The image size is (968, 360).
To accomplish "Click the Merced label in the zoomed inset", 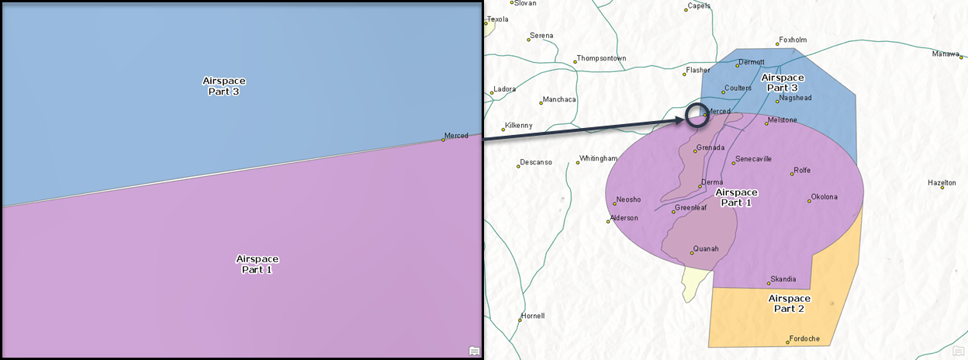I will pos(456,136).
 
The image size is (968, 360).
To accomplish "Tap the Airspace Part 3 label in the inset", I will pos(225,86).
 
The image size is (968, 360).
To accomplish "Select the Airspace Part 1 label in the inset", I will pos(258,265).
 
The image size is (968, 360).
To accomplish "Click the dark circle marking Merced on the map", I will pos(697,115).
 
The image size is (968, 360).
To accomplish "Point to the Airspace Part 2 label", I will pos(789,303).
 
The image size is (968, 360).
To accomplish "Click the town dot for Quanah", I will pos(692,253).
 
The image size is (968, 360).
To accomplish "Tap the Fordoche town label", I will pos(805,338).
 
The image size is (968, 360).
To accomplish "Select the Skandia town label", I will pos(783,279).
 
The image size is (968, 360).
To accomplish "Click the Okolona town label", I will pos(825,197).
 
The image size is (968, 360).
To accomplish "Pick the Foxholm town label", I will pos(793,40).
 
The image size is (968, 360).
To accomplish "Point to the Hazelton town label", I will pos(942,183).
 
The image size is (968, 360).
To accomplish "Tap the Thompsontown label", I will pos(601,59).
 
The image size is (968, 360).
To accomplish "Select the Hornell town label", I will pos(534,316).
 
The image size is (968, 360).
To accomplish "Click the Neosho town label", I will pos(628,200).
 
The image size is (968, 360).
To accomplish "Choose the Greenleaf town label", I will pos(690,208).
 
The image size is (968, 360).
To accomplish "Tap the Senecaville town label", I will pos(753,159).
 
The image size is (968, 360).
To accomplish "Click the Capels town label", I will pos(699,6).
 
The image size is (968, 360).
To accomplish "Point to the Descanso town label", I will pos(536,162).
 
